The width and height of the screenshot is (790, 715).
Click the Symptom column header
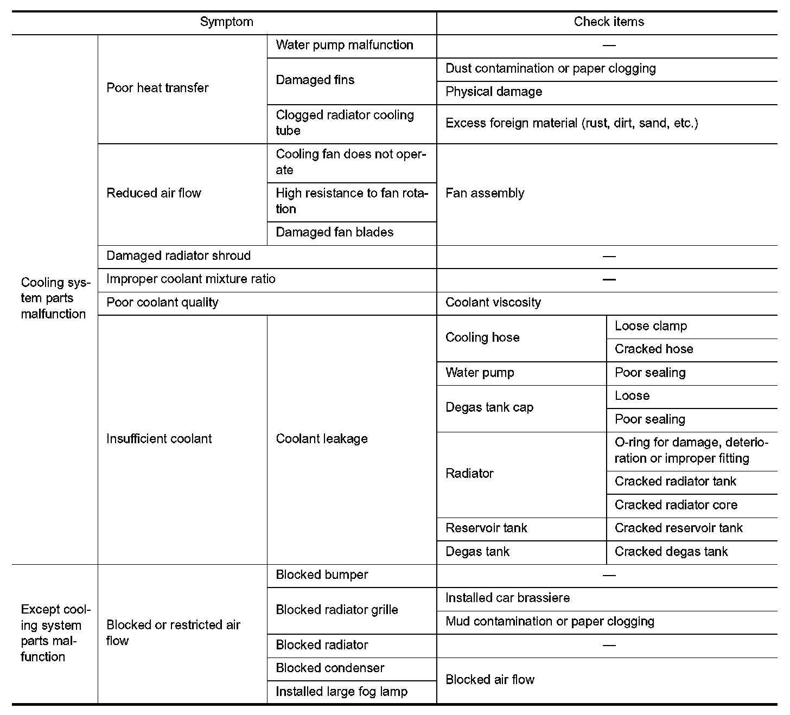pyautogui.click(x=226, y=22)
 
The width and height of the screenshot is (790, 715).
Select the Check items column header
pyautogui.click(x=609, y=22)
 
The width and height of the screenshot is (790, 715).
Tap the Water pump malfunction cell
pyautogui.click(x=345, y=45)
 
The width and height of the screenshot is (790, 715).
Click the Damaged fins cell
pyautogui.click(x=315, y=80)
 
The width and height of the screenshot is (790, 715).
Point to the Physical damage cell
pyautogui.click(x=494, y=92)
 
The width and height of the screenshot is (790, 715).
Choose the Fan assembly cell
pyautogui.click(x=485, y=194)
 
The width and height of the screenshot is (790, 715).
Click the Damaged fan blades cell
pyautogui.click(x=335, y=233)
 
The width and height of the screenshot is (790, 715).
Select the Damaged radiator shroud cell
pyautogui.click(x=179, y=256)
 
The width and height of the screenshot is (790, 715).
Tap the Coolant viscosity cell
pyautogui.click(x=493, y=303)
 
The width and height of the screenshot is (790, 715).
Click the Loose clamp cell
pyautogui.click(x=651, y=326)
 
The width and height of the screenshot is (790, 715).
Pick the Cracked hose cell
pyautogui.click(x=654, y=349)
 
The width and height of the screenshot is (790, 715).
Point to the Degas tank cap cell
pyautogui.click(x=489, y=408)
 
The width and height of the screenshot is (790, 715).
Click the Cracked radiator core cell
pyautogui.click(x=676, y=505)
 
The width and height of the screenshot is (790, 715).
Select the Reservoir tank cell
pyautogui.click(x=486, y=528)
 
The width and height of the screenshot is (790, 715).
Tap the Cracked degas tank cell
pyautogui.click(x=671, y=552)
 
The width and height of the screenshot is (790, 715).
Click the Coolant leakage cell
pyautogui.click(x=322, y=439)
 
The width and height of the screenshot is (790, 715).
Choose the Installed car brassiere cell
pyautogui.click(x=508, y=598)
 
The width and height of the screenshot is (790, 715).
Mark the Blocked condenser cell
pyautogui.click(x=330, y=668)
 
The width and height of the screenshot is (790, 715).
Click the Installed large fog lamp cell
pyautogui.click(x=341, y=692)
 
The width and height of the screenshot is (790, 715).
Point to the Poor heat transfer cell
pyautogui.click(x=157, y=88)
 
